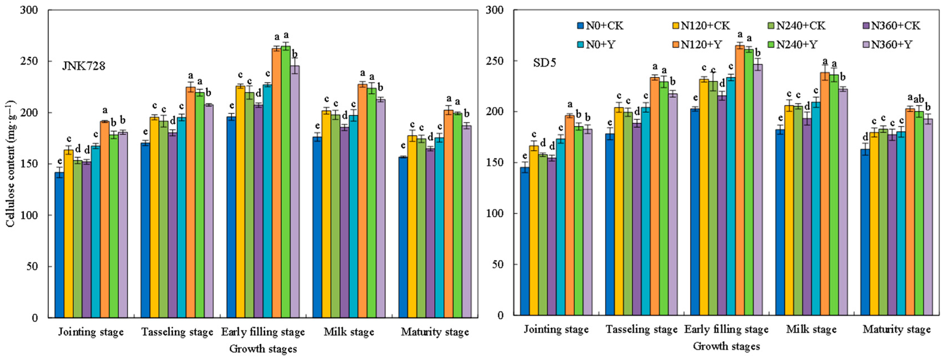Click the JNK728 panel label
tap(84, 66)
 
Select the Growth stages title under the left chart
tap(263, 348)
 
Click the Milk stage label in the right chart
tap(811, 330)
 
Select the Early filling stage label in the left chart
tap(263, 332)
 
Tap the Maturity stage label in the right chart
tap(897, 330)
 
